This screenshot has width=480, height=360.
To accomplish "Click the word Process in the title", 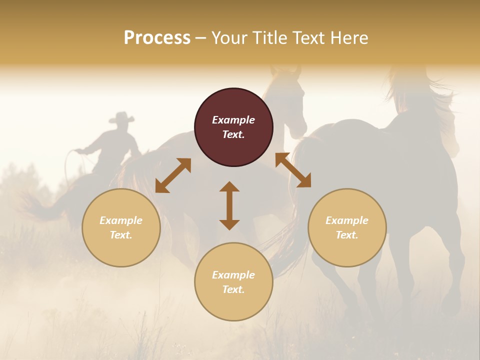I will pyautogui.click(x=157, y=38).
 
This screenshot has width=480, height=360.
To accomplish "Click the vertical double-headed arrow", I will pyautogui.click(x=229, y=206).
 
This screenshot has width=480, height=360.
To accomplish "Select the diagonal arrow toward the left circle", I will pyautogui.click(x=173, y=175).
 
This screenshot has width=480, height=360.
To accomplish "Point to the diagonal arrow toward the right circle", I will pyautogui.click(x=293, y=170).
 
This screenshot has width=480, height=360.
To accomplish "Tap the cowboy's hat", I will pyautogui.click(x=121, y=118).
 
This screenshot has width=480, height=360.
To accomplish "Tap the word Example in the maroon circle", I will pyautogui.click(x=233, y=120).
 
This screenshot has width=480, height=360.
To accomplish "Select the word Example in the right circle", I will pyautogui.click(x=347, y=220).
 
